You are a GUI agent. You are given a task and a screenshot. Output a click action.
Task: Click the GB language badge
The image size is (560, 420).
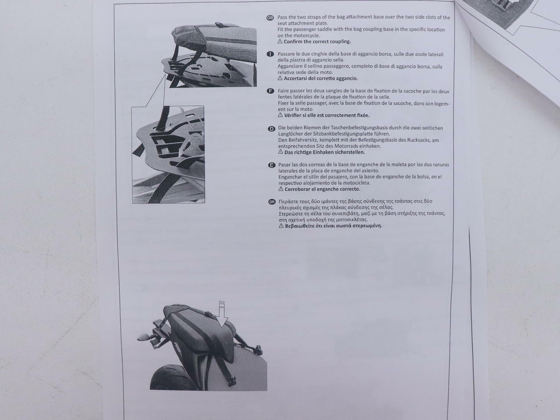(x=270, y=17)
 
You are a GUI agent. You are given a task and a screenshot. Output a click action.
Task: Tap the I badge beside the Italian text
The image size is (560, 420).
(x=270, y=54)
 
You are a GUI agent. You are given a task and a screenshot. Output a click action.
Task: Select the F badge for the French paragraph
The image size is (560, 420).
(x=271, y=91)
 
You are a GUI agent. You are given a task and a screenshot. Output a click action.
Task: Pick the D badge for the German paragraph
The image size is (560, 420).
(x=271, y=129)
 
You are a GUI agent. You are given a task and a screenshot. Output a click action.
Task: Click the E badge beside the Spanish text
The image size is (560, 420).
(x=271, y=165)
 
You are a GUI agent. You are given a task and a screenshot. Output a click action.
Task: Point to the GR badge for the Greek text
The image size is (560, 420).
(x=272, y=202)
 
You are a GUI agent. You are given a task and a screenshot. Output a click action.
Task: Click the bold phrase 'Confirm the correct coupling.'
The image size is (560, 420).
(x=317, y=42)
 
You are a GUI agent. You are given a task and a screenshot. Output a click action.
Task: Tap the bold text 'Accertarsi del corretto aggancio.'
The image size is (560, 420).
(x=320, y=78)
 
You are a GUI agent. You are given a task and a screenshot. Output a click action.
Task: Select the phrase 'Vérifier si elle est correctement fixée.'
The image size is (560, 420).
(x=327, y=115)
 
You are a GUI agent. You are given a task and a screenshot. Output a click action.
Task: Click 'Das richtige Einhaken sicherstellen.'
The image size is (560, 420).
(x=325, y=152)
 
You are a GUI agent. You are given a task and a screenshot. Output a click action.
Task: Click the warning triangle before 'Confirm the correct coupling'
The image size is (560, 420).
(x=280, y=41)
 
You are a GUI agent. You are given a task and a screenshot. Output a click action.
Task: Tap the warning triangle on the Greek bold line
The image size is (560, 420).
(x=282, y=225)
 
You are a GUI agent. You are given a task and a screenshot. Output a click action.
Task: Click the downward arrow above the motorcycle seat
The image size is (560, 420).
(x=223, y=314)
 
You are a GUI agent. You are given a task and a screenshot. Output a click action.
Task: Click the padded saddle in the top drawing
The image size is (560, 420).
(x=214, y=35)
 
